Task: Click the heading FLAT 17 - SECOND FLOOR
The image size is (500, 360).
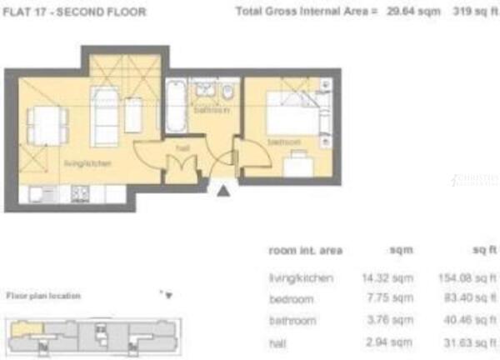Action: (75, 12)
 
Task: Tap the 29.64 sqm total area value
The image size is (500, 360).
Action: (401, 12)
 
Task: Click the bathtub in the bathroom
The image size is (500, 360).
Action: (175, 106)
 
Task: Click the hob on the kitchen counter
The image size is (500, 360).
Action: (80, 193)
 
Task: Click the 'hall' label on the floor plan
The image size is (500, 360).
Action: (182, 147)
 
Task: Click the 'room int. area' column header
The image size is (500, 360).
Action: (305, 250)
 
